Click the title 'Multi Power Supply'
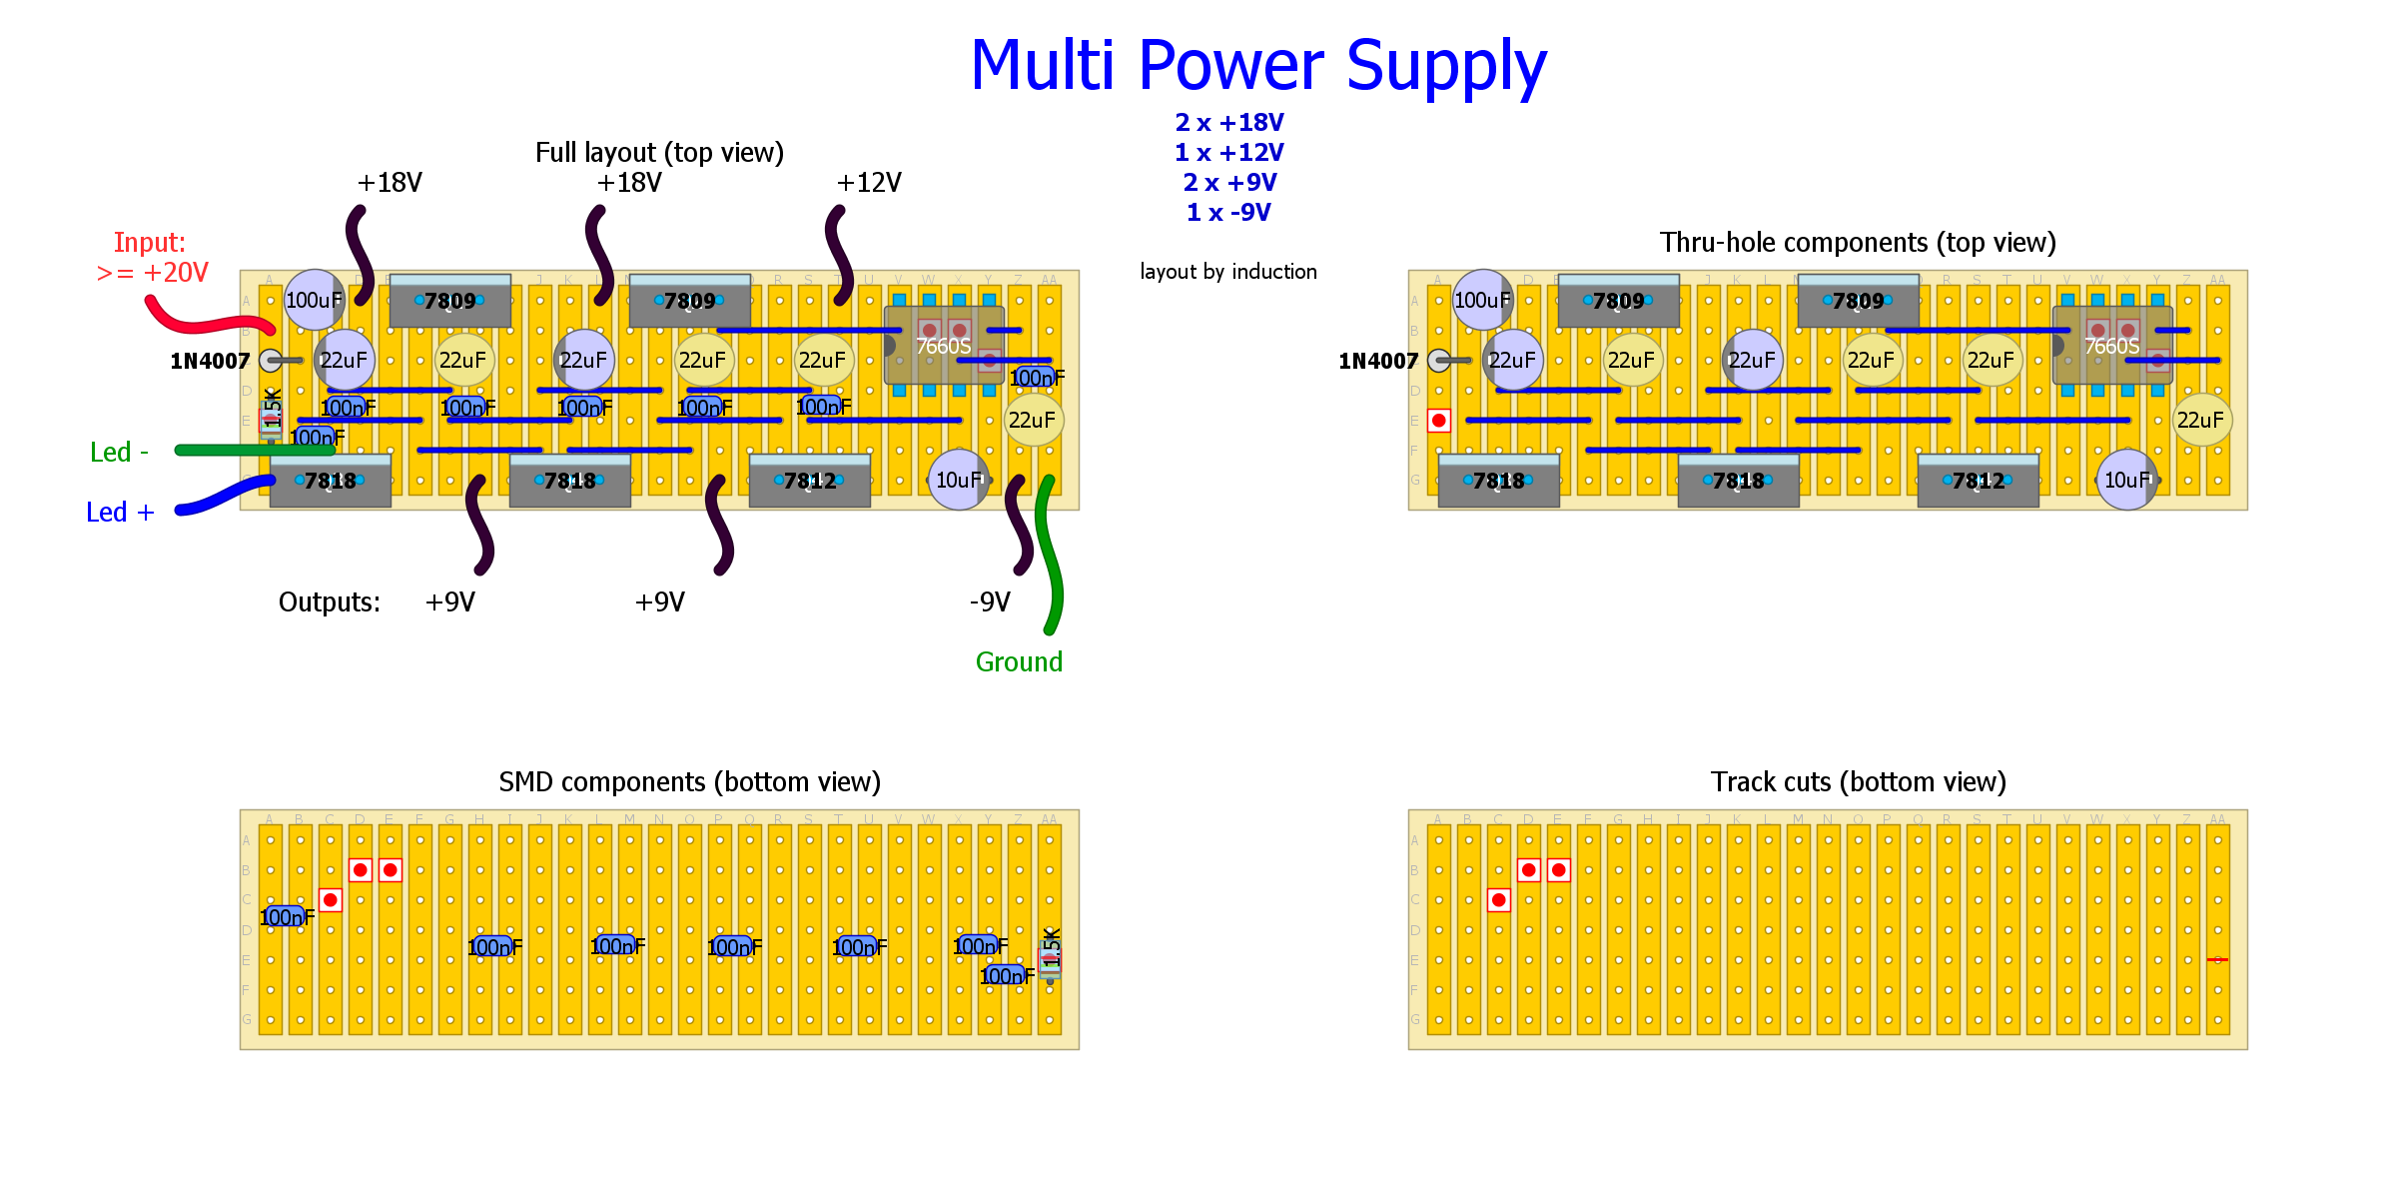pyautogui.click(x=1258, y=66)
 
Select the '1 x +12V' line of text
pyautogui.click(x=1228, y=153)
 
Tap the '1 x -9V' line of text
pyautogui.click(x=1228, y=213)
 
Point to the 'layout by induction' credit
pyautogui.click(x=1228, y=272)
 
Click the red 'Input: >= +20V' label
pyautogui.click(x=152, y=258)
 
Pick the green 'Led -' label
pyautogui.click(x=119, y=453)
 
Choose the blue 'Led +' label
pyautogui.click(x=120, y=513)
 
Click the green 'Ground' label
pyautogui.click(x=1019, y=662)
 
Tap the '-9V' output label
pyautogui.click(x=990, y=602)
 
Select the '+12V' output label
pyautogui.click(x=869, y=183)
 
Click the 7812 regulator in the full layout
pyautogui.click(x=809, y=482)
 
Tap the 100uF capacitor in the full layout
pyautogui.click(x=314, y=300)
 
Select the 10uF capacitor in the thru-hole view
pyautogui.click(x=2126, y=481)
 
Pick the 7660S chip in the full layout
pyautogui.click(x=943, y=346)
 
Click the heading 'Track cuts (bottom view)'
pyautogui.click(x=1858, y=782)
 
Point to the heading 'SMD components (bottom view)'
pyautogui.click(x=689, y=782)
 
